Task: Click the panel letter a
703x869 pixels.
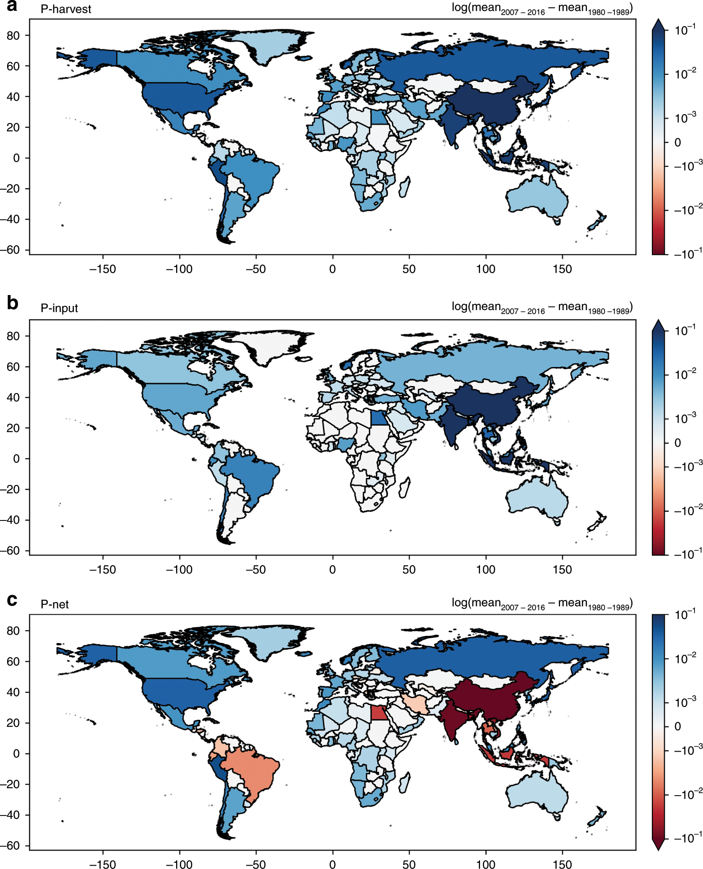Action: [12, 6]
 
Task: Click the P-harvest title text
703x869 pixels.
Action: [65, 9]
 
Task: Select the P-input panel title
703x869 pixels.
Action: [59, 308]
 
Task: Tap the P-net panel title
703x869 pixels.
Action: [54, 605]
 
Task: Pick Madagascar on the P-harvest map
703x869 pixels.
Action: [404, 187]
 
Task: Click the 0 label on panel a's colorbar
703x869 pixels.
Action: [677, 143]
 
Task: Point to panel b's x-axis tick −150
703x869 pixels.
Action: [103, 569]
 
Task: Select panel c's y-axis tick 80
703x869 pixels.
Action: [13, 631]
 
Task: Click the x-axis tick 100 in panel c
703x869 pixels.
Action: [486, 864]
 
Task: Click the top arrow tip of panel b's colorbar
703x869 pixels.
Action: [659, 320]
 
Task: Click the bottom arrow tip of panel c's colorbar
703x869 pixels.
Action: [659, 849]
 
